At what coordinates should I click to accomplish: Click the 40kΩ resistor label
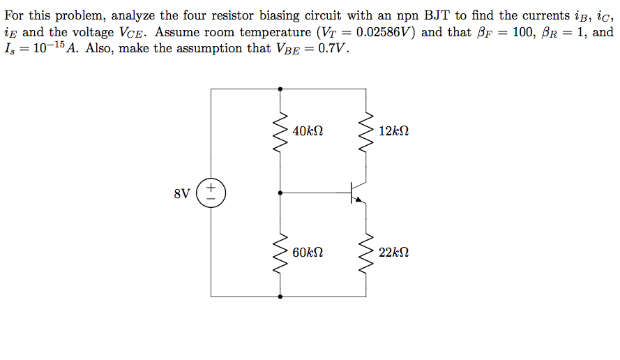pos(308,131)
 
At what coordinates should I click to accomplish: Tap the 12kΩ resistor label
pos(394,131)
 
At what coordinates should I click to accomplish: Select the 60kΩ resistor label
pos(308,253)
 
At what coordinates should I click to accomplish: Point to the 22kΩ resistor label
pos(394,253)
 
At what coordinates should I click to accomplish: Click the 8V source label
pos(181,193)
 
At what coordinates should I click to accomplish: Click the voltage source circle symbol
pos(211,193)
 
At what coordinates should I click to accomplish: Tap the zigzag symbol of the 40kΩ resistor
pos(280,131)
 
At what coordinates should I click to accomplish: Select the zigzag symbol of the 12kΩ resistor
pos(365,131)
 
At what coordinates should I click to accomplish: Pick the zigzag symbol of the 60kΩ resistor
pos(280,253)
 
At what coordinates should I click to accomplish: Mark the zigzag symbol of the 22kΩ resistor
pos(365,253)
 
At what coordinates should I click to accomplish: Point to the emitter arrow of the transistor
pos(360,200)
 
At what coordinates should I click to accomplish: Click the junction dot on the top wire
pos(280,89)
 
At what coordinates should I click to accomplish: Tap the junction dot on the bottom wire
pos(280,297)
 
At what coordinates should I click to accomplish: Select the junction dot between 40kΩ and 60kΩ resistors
pos(280,193)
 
